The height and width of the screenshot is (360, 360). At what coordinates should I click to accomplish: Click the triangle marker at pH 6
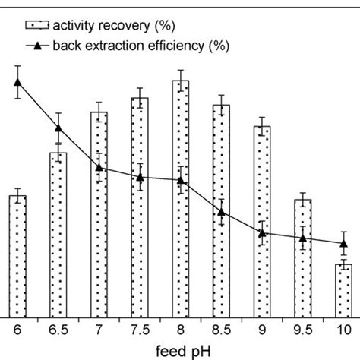(x=17, y=84)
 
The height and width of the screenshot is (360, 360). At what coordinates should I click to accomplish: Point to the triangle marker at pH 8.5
(x=221, y=212)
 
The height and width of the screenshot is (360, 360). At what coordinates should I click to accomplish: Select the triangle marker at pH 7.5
(x=140, y=177)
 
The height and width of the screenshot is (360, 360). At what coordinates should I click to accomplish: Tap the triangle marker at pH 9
(x=262, y=232)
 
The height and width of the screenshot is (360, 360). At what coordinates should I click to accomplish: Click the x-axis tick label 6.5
(x=58, y=330)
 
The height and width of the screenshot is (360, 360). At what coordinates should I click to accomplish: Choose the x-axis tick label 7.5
(x=140, y=330)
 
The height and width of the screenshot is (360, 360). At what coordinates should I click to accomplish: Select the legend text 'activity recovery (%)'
(x=116, y=24)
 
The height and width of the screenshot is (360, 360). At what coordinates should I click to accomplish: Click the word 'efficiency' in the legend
(x=173, y=46)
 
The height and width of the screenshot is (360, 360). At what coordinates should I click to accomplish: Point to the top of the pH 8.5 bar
(x=221, y=106)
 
